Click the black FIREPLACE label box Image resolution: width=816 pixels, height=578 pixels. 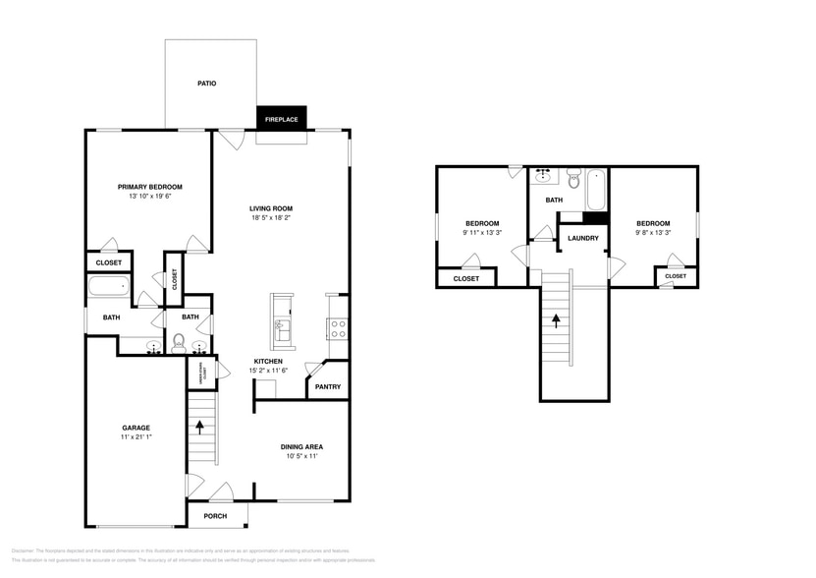[283, 119]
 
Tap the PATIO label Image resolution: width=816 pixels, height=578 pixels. [206, 84]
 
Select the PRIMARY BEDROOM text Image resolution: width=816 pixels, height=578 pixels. [149, 187]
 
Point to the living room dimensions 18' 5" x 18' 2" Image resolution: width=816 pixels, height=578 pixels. [271, 218]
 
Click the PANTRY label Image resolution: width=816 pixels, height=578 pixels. [327, 386]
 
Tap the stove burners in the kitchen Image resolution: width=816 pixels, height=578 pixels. [336, 328]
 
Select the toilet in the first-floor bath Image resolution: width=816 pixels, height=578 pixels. [179, 341]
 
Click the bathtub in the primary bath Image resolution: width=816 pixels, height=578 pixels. [109, 288]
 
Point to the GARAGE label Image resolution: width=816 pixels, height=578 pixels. [136, 428]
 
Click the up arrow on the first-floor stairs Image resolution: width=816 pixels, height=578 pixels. [201, 427]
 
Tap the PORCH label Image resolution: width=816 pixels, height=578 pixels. [214, 516]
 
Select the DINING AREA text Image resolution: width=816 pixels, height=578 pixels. [303, 446]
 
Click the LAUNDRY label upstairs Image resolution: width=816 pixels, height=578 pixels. [583, 238]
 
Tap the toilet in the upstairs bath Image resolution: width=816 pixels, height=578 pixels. [572, 180]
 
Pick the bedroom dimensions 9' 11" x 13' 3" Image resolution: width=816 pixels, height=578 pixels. [481, 233]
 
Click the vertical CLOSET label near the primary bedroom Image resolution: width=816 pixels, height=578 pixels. [174, 280]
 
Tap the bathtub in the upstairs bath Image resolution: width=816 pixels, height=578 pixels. [594, 189]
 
